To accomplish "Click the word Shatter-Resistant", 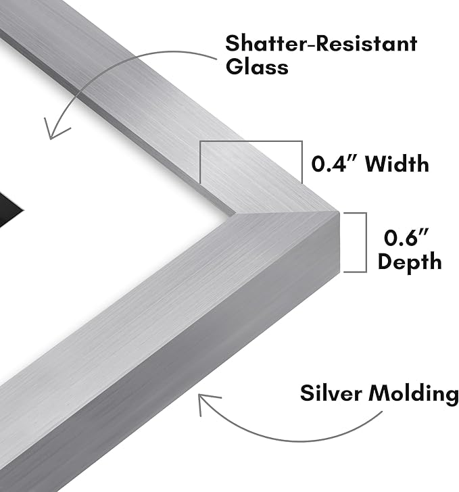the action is click(321, 43).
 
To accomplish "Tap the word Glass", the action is click(257, 66).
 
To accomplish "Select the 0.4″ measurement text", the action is click(335, 164).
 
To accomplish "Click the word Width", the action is click(397, 164).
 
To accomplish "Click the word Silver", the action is click(331, 393).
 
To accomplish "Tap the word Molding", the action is click(414, 394).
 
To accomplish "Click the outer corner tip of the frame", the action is click(339, 212).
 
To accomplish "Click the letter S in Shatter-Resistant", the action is click(232, 43).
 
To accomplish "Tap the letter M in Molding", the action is click(379, 393).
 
